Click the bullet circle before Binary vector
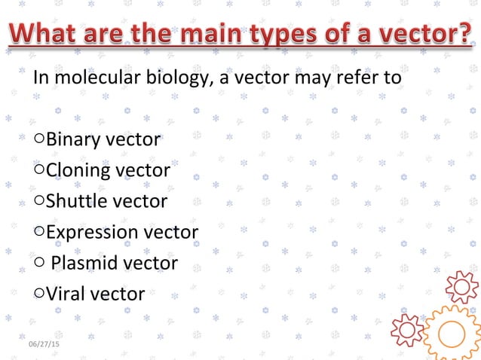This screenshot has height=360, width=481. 39,139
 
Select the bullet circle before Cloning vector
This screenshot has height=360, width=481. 39,170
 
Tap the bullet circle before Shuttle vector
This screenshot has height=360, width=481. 39,201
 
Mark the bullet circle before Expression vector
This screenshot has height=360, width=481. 39,232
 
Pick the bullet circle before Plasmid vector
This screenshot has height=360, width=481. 39,263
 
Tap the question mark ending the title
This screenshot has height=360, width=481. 461,35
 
